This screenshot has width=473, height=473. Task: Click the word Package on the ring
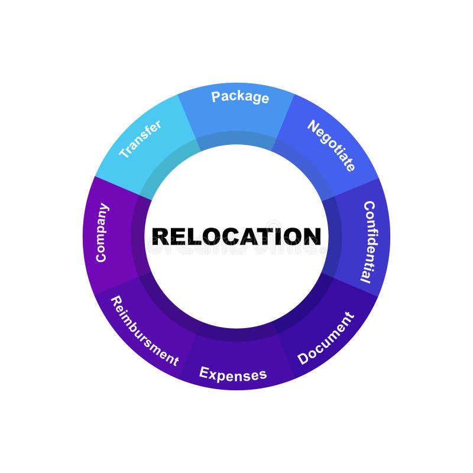point(240,97)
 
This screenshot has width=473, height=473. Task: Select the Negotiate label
point(332,145)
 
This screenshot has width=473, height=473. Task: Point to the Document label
point(325,338)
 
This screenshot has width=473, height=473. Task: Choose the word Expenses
point(233,374)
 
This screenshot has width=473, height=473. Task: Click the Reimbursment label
point(144,331)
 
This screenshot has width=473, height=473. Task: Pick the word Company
point(102,232)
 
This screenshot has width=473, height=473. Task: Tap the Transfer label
point(140,139)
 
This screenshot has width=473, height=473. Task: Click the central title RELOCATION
point(237,237)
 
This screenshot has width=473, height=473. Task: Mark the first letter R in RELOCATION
point(160,237)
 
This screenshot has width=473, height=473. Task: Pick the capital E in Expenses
point(204,372)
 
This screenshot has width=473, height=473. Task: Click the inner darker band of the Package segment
point(237,138)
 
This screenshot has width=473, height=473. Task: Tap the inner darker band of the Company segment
point(140,237)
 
